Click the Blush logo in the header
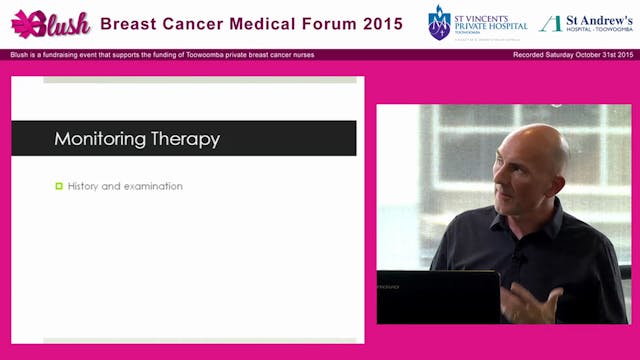[50, 23]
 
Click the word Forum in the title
[310, 22]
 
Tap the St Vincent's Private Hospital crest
[439, 22]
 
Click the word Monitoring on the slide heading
[99, 139]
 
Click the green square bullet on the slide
[59, 186]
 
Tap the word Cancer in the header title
[195, 22]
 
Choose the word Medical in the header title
[257, 22]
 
